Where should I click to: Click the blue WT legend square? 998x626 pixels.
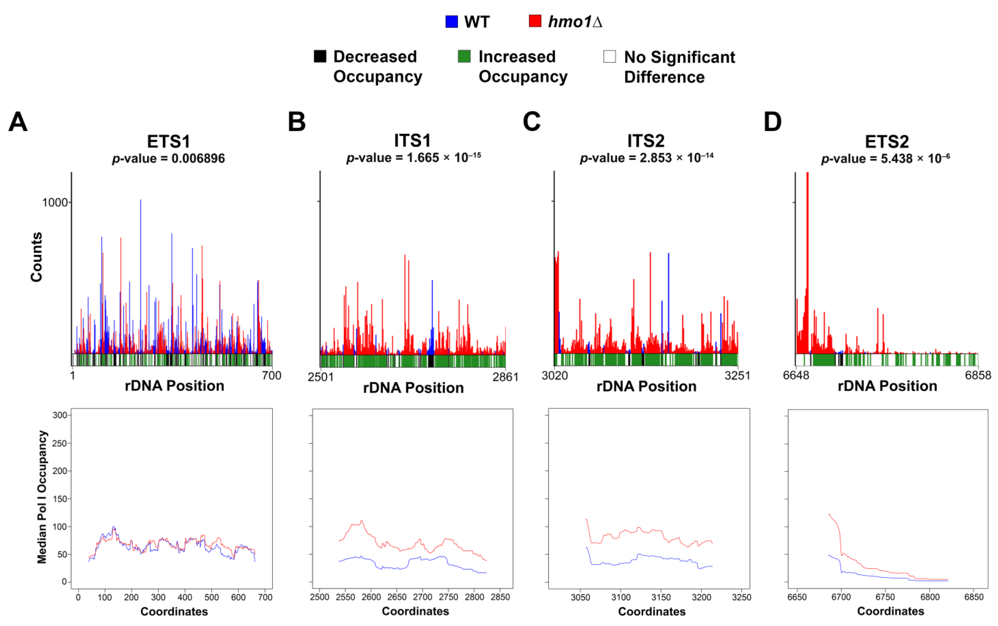(451, 22)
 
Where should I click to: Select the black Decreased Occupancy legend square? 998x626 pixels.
(320, 56)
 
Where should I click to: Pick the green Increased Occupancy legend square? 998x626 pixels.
(464, 56)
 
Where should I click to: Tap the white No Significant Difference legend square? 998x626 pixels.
(610, 56)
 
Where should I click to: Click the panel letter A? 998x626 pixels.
(18, 122)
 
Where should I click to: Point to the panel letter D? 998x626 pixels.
(772, 122)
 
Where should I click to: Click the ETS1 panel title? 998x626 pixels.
(168, 142)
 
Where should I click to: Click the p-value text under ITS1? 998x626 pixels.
(413, 158)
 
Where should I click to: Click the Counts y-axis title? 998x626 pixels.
(36, 257)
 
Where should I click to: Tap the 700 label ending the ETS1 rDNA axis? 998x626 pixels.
(272, 376)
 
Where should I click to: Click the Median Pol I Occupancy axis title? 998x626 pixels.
(42, 497)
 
